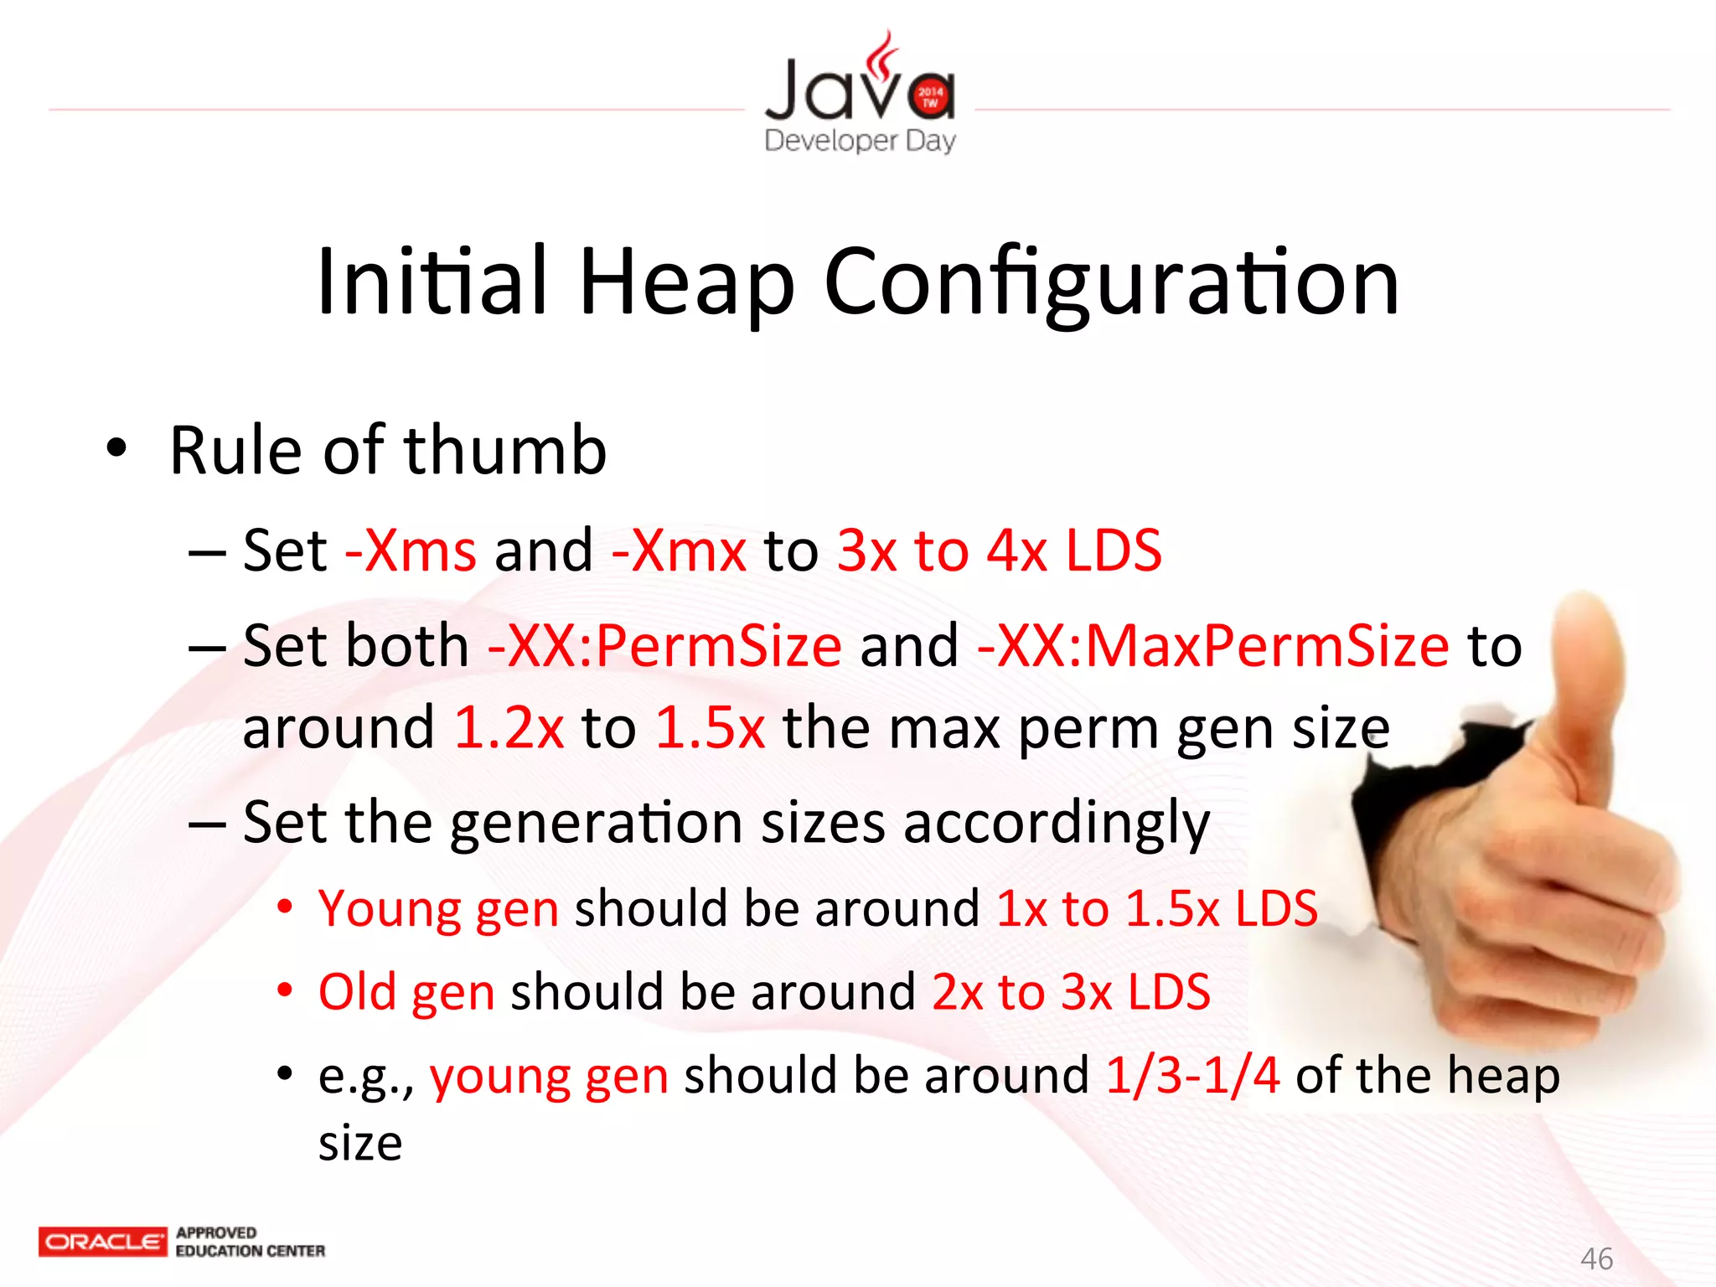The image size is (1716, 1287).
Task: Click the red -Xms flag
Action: (411, 551)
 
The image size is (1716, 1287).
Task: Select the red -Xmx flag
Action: (679, 551)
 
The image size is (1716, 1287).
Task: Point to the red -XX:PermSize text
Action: (664, 646)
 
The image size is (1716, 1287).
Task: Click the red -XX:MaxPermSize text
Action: (1212, 646)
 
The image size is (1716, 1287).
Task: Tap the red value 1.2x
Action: (509, 727)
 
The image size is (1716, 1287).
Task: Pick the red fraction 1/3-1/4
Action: (1192, 1075)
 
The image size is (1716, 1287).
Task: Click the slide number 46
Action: (1596, 1259)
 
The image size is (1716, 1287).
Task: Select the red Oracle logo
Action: (102, 1242)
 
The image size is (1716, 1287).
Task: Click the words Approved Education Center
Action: (250, 1242)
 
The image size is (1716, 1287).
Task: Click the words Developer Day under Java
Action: (860, 141)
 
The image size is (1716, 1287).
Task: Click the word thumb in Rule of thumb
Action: (505, 451)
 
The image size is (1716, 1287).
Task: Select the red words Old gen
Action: (406, 992)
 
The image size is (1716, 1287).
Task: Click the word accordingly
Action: (1057, 823)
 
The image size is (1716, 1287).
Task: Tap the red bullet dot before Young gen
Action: (285, 907)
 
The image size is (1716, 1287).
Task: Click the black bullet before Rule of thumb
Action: (116, 447)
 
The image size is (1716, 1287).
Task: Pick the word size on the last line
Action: (360, 1143)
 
